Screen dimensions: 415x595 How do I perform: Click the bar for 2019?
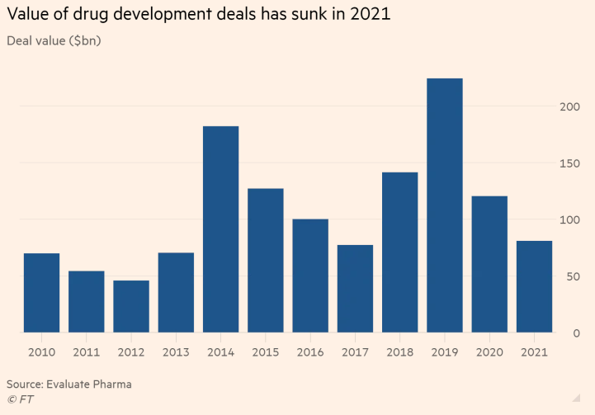445,205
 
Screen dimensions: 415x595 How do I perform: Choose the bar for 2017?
355,289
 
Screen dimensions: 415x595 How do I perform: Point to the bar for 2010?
41,293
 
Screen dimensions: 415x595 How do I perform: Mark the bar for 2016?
310,276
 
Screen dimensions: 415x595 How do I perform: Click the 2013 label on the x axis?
176,352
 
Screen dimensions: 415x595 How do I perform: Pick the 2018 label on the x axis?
399,352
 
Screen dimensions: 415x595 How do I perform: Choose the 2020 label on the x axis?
489,352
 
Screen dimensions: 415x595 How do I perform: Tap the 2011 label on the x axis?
86,352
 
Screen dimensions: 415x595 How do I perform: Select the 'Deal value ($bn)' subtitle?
54,40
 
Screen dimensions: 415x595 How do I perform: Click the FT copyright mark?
21,399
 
